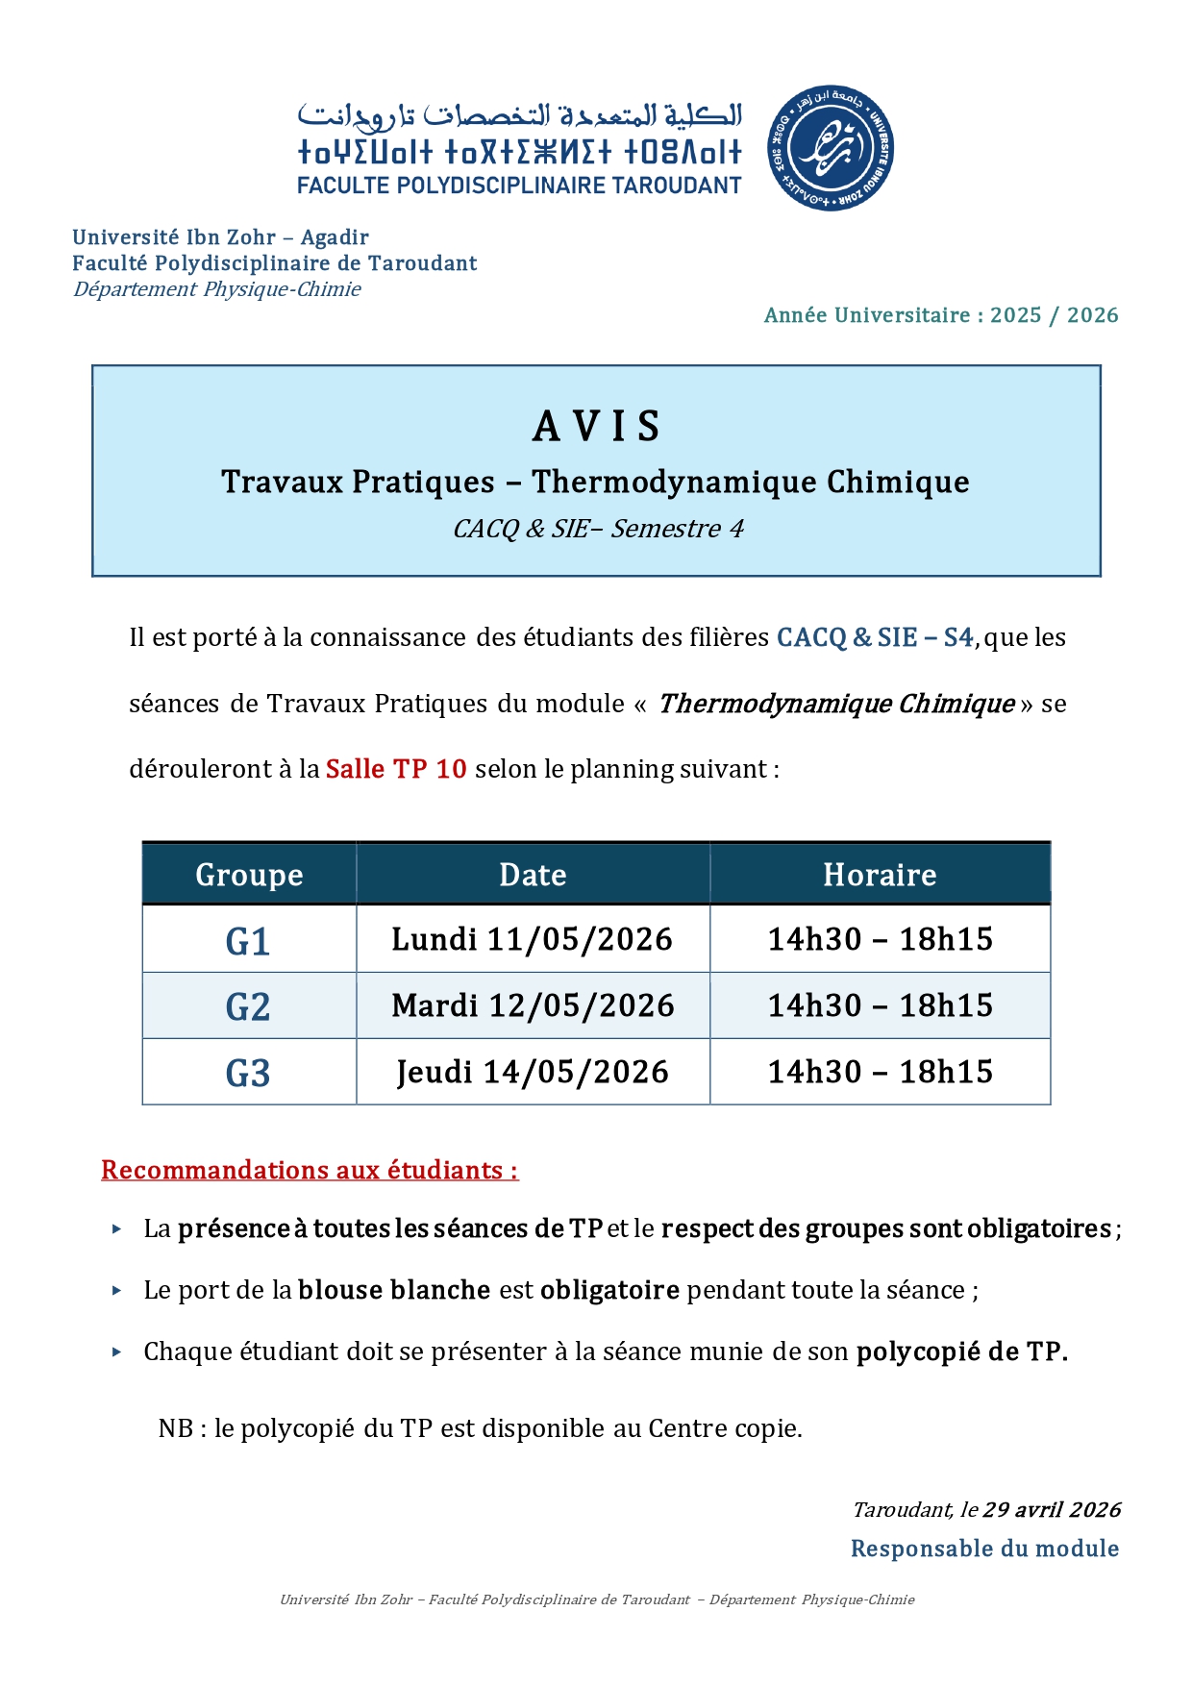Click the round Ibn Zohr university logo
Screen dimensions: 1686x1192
click(x=831, y=148)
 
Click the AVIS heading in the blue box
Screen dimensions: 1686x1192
click(x=596, y=427)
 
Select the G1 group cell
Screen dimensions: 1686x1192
click(x=248, y=940)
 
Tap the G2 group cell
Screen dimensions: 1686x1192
click(x=248, y=1006)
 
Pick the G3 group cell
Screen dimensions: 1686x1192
click(x=248, y=1073)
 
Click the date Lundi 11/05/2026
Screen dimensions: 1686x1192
click(x=532, y=939)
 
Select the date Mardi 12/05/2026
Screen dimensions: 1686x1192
click(x=533, y=1005)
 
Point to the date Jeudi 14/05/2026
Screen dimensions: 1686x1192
click(x=533, y=1072)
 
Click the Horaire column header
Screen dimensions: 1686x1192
click(x=880, y=875)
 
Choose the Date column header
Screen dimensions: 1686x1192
click(x=533, y=875)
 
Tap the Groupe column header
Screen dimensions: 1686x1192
click(x=249, y=875)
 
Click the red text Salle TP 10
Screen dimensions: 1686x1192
click(x=396, y=769)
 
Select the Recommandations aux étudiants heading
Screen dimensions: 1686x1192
click(x=310, y=1170)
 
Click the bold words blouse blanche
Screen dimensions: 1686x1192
click(x=394, y=1290)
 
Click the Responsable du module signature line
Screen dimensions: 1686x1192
click(x=984, y=1549)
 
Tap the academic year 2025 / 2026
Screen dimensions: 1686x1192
click(x=1054, y=315)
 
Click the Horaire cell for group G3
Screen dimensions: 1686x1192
click(x=880, y=1072)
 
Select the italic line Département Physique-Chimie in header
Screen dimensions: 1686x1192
click(x=217, y=289)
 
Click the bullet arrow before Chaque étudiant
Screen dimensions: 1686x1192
click(x=116, y=1351)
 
